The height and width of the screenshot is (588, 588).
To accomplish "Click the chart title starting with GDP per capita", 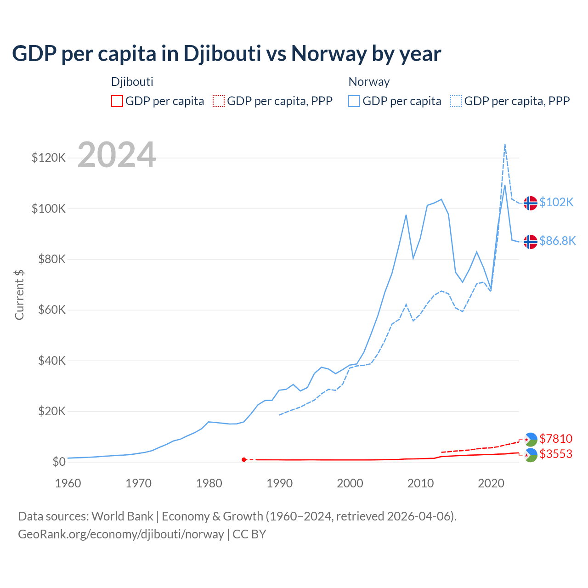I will pos(226,54).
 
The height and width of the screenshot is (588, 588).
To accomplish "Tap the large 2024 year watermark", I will pos(117,155).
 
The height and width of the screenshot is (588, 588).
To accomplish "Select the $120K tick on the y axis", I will pos(49,158).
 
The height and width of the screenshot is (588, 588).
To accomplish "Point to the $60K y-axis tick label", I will pos(51,310).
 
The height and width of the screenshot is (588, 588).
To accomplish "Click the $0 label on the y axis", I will pos(59,462).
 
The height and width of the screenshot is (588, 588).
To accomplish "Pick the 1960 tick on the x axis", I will pos(68,483).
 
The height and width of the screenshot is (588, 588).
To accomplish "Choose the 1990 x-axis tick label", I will pos(279,483).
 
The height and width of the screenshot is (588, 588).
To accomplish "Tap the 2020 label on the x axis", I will pos(491,483).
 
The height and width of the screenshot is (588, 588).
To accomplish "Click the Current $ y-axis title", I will pos(19,295).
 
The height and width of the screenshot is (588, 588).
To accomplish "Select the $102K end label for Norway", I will pos(556,202).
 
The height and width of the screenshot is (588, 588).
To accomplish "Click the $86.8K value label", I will pos(557,241).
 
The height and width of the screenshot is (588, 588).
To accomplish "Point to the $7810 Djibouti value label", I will pos(556,439).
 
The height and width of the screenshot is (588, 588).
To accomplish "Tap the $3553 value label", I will pos(556,454).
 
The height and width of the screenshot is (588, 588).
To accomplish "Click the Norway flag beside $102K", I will pos(531,203).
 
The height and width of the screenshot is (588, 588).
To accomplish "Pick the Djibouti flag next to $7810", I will pos(531,440).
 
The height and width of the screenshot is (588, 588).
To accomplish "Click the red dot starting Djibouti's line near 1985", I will pos(244,459).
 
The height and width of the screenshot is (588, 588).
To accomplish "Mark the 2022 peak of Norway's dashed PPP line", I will pos(505,144).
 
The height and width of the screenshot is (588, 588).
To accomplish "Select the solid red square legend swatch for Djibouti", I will pos(117,101).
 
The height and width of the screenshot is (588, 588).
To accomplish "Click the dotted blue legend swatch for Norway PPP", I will pos(456,101).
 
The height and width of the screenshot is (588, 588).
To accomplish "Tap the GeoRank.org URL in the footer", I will pos(121,534).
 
